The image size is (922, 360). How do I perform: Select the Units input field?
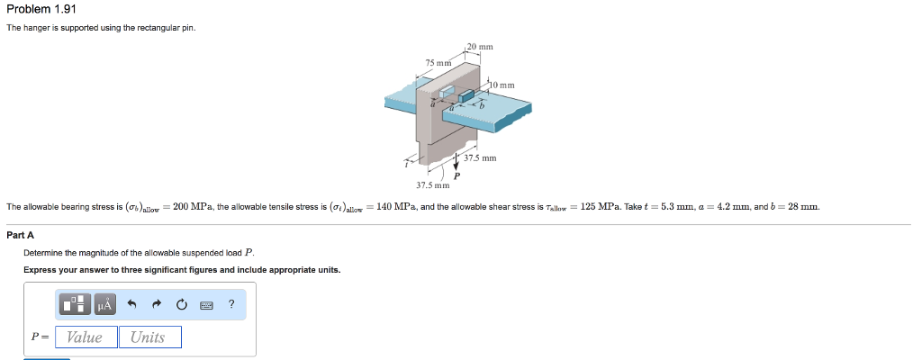coord(150,337)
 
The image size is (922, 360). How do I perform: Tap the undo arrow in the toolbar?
coord(131,304)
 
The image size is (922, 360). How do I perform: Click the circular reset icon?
coord(181,304)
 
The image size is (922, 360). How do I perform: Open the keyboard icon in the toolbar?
coord(206,305)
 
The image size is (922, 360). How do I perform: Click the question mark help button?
coord(231,303)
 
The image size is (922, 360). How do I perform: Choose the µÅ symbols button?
coord(104,304)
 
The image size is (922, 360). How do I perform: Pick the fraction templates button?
coord(76,304)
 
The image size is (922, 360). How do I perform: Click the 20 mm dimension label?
coord(481,47)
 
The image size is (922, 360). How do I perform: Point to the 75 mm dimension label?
coord(438,62)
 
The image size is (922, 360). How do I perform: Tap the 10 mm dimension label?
coord(502,85)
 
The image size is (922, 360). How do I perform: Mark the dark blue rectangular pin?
coord(466,95)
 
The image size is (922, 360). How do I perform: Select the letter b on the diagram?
coord(481,108)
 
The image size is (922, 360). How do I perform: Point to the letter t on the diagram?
coord(406,165)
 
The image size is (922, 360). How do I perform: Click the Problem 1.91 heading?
coord(41,9)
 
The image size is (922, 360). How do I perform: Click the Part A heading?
coord(20,235)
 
